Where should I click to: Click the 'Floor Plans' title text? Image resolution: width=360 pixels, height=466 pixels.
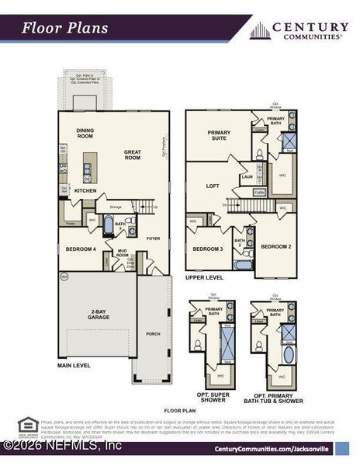(x=64, y=29)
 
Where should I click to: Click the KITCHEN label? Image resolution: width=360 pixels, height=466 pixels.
(x=85, y=190)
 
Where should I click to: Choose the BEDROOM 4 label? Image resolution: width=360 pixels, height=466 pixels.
(x=81, y=249)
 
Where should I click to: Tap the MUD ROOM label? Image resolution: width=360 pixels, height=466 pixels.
(x=122, y=252)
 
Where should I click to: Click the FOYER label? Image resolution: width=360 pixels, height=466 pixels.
(x=154, y=238)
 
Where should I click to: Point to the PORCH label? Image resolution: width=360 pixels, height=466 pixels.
(x=154, y=334)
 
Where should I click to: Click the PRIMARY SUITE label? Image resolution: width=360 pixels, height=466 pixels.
(x=219, y=135)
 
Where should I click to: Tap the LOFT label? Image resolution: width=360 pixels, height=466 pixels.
(x=213, y=186)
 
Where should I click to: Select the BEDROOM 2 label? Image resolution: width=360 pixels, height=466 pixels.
(x=275, y=245)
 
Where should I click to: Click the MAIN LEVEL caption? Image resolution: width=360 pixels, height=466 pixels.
(x=75, y=364)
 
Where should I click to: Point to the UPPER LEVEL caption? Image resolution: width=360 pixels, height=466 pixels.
(x=204, y=276)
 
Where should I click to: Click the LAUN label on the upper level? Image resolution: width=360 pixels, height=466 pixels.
(x=247, y=177)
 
